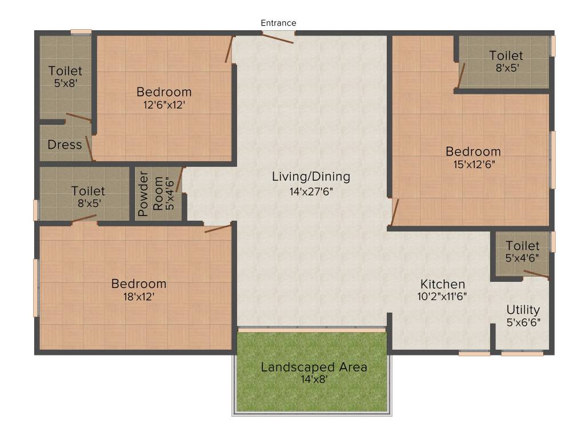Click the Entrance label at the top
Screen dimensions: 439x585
278,23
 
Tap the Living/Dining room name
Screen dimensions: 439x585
311,177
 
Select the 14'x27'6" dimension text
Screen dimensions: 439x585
311,191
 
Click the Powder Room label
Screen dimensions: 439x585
143,194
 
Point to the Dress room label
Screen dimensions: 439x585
65,145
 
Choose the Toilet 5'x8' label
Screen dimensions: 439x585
65,77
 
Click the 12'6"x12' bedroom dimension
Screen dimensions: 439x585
164,105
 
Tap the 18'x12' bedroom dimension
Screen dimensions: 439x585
139,297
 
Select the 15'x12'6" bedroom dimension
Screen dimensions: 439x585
473,164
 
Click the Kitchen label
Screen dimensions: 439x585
443,284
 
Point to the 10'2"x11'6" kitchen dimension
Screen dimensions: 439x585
443,297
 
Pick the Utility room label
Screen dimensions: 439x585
523,310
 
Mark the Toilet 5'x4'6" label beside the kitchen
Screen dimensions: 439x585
522,252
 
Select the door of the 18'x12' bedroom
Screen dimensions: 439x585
218,229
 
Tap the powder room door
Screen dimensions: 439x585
180,179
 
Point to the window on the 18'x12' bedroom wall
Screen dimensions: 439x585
36,288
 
